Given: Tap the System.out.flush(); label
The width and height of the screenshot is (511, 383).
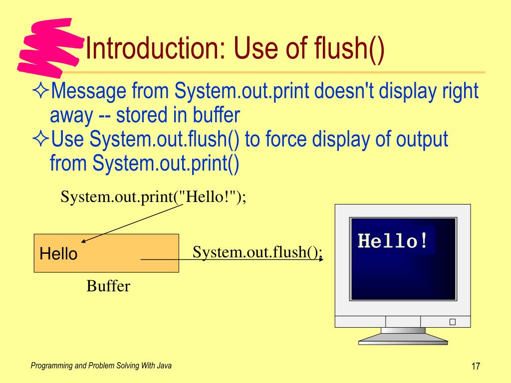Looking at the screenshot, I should click(x=257, y=252).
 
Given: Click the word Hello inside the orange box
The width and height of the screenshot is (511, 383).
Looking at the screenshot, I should click(x=58, y=254).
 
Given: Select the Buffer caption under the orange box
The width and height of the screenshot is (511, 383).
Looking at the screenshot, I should click(x=108, y=286).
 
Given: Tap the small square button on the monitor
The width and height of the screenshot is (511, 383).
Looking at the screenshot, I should click(x=452, y=322).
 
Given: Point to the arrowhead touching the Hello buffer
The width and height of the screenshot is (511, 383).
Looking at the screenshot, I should click(x=84, y=241).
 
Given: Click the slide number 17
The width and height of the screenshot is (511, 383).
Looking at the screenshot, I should click(x=475, y=367).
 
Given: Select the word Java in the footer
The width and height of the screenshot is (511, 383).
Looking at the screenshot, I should click(x=164, y=366).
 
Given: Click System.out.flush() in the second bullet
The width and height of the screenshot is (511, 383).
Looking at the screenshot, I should click(x=165, y=140).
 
